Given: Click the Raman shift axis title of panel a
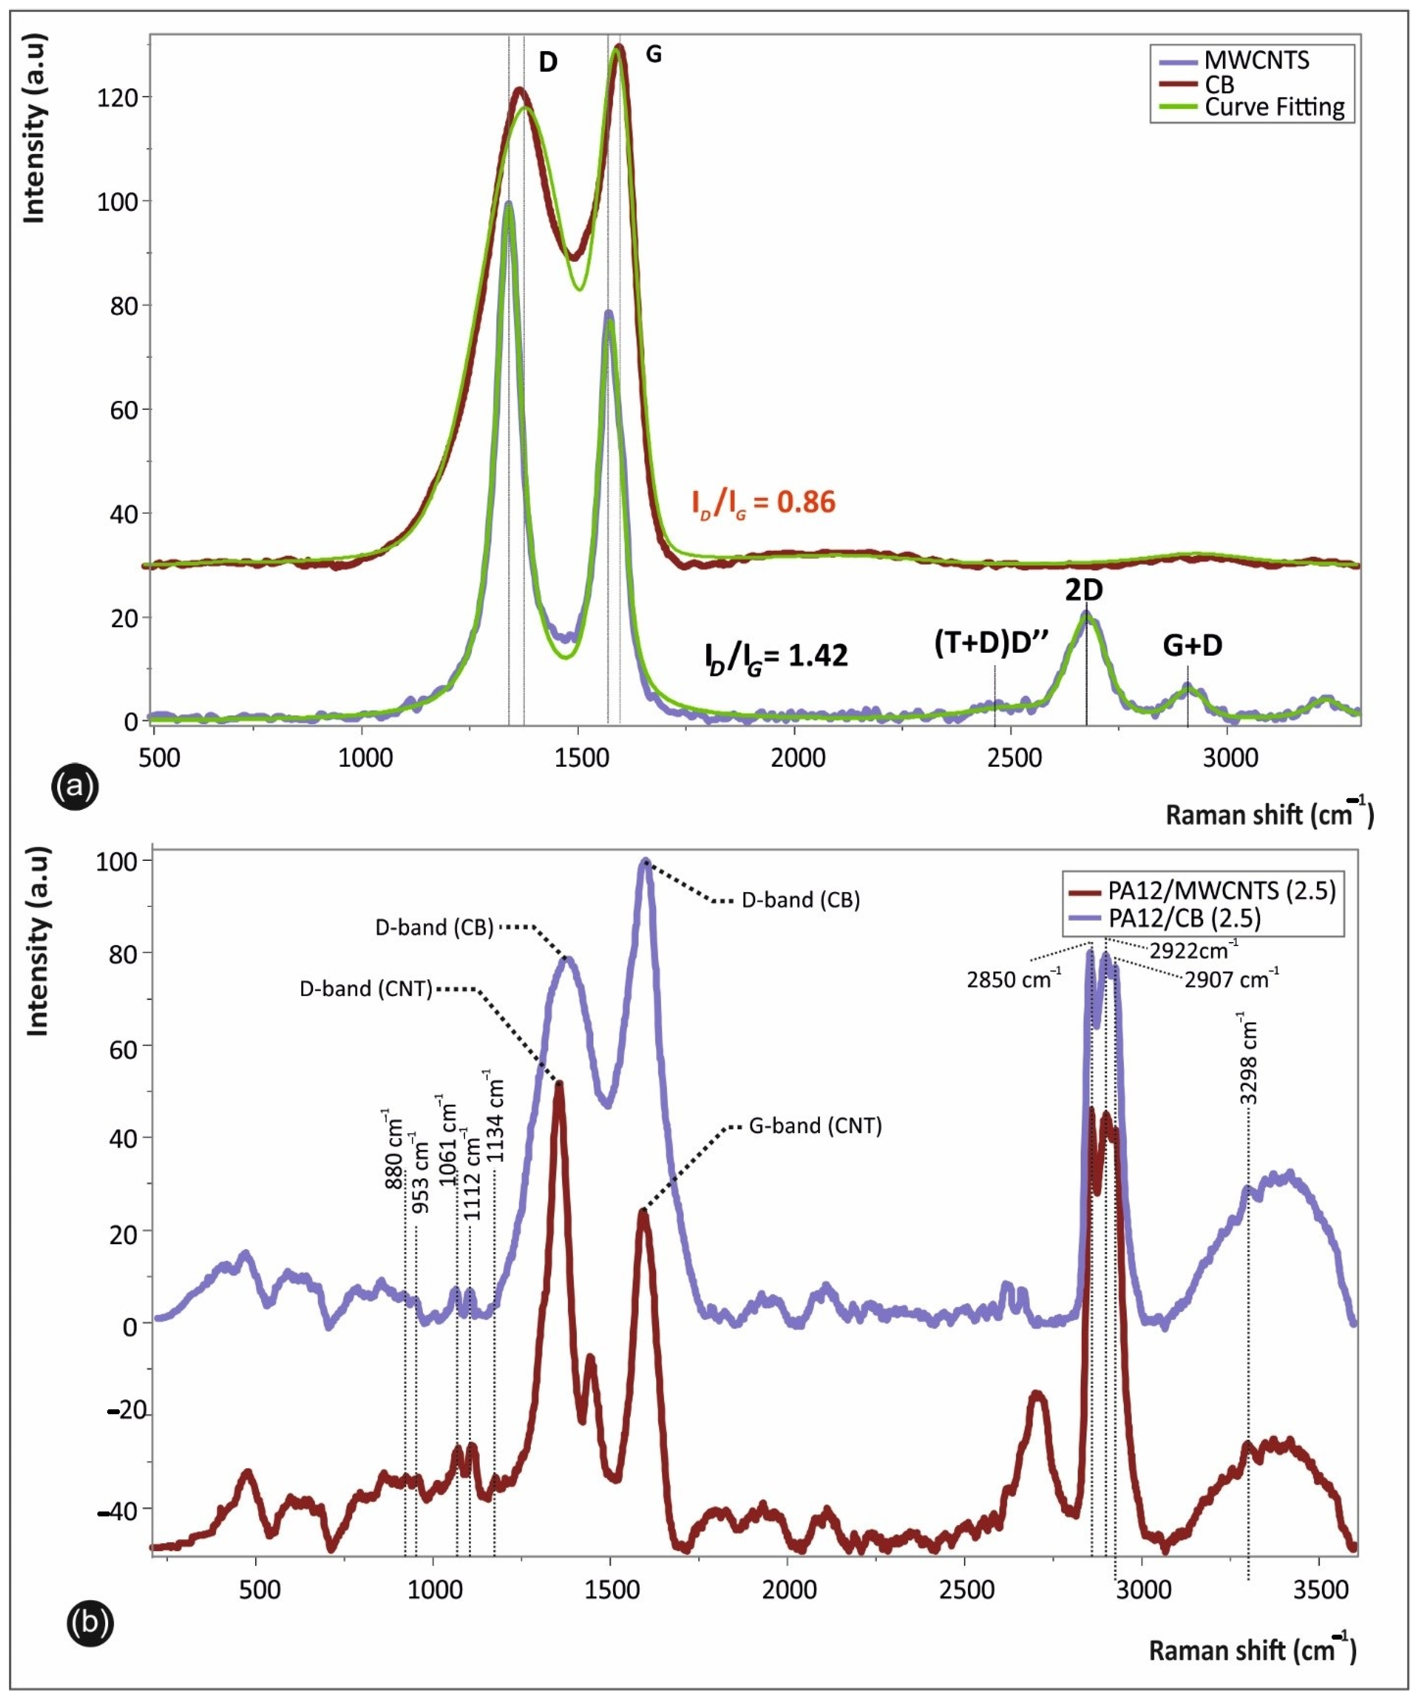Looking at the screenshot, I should point(1269,814).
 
